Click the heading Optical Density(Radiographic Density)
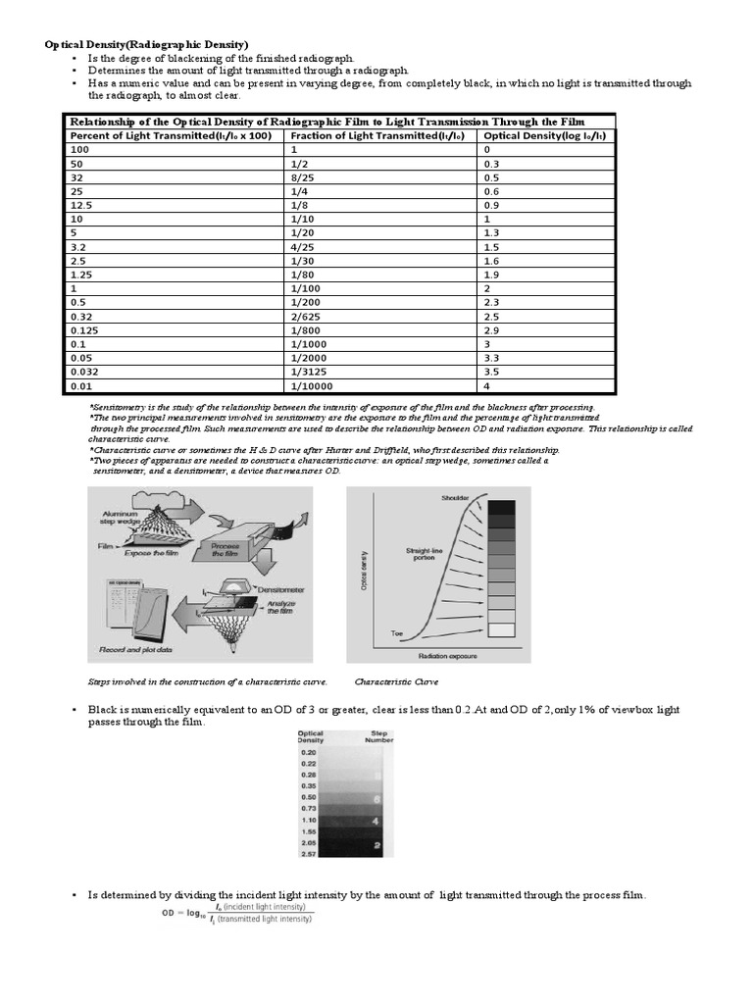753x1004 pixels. point(148,45)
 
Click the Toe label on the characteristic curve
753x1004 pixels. point(398,633)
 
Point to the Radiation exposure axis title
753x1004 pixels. point(448,654)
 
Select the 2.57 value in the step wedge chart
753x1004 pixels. point(309,854)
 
